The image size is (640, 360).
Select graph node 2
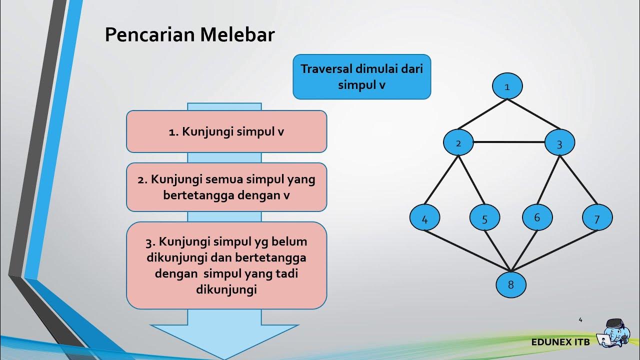coord(458,142)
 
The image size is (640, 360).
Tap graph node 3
coord(559,143)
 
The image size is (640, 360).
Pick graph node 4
coord(424,218)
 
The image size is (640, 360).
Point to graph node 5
coord(484,218)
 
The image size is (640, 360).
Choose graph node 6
coord(537,217)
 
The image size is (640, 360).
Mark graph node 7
coord(597,218)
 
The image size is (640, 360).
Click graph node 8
coord(510,284)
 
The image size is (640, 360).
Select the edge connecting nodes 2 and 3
coord(508,142)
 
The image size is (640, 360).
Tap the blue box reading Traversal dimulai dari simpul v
coord(361,76)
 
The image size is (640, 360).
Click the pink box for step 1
coord(226,131)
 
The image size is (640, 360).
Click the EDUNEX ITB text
coord(560,342)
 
